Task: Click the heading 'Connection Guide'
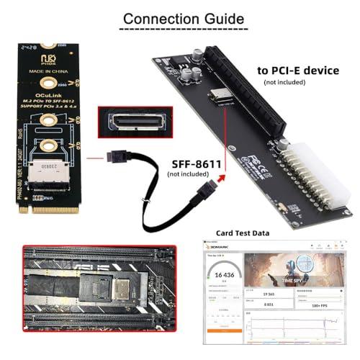pos(179,17)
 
